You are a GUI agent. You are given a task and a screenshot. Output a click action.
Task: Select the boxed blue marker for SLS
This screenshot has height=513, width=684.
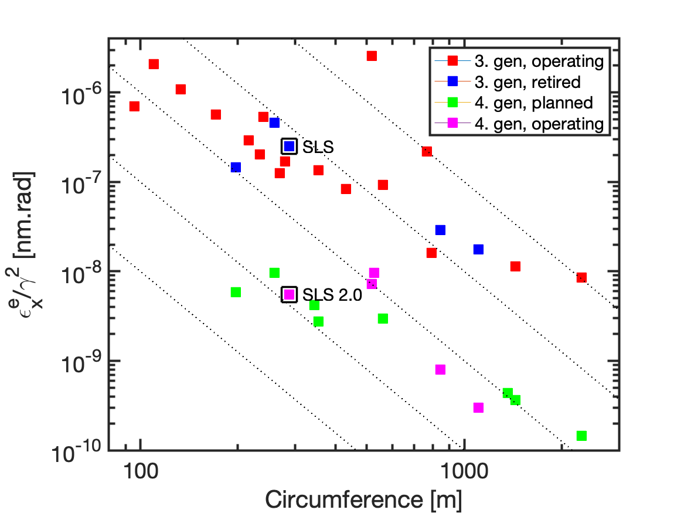[289, 146]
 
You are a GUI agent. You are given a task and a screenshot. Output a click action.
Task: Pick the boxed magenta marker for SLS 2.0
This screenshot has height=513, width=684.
[289, 294]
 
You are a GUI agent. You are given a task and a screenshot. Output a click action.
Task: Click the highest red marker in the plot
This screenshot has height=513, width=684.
[372, 56]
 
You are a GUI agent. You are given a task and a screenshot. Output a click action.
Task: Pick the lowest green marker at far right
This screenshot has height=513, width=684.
[581, 436]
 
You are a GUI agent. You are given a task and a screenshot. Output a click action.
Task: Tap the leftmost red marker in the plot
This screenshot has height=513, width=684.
[134, 106]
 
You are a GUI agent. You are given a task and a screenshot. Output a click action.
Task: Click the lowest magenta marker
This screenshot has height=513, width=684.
[478, 407]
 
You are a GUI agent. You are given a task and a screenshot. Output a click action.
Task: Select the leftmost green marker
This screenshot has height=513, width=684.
[236, 292]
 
